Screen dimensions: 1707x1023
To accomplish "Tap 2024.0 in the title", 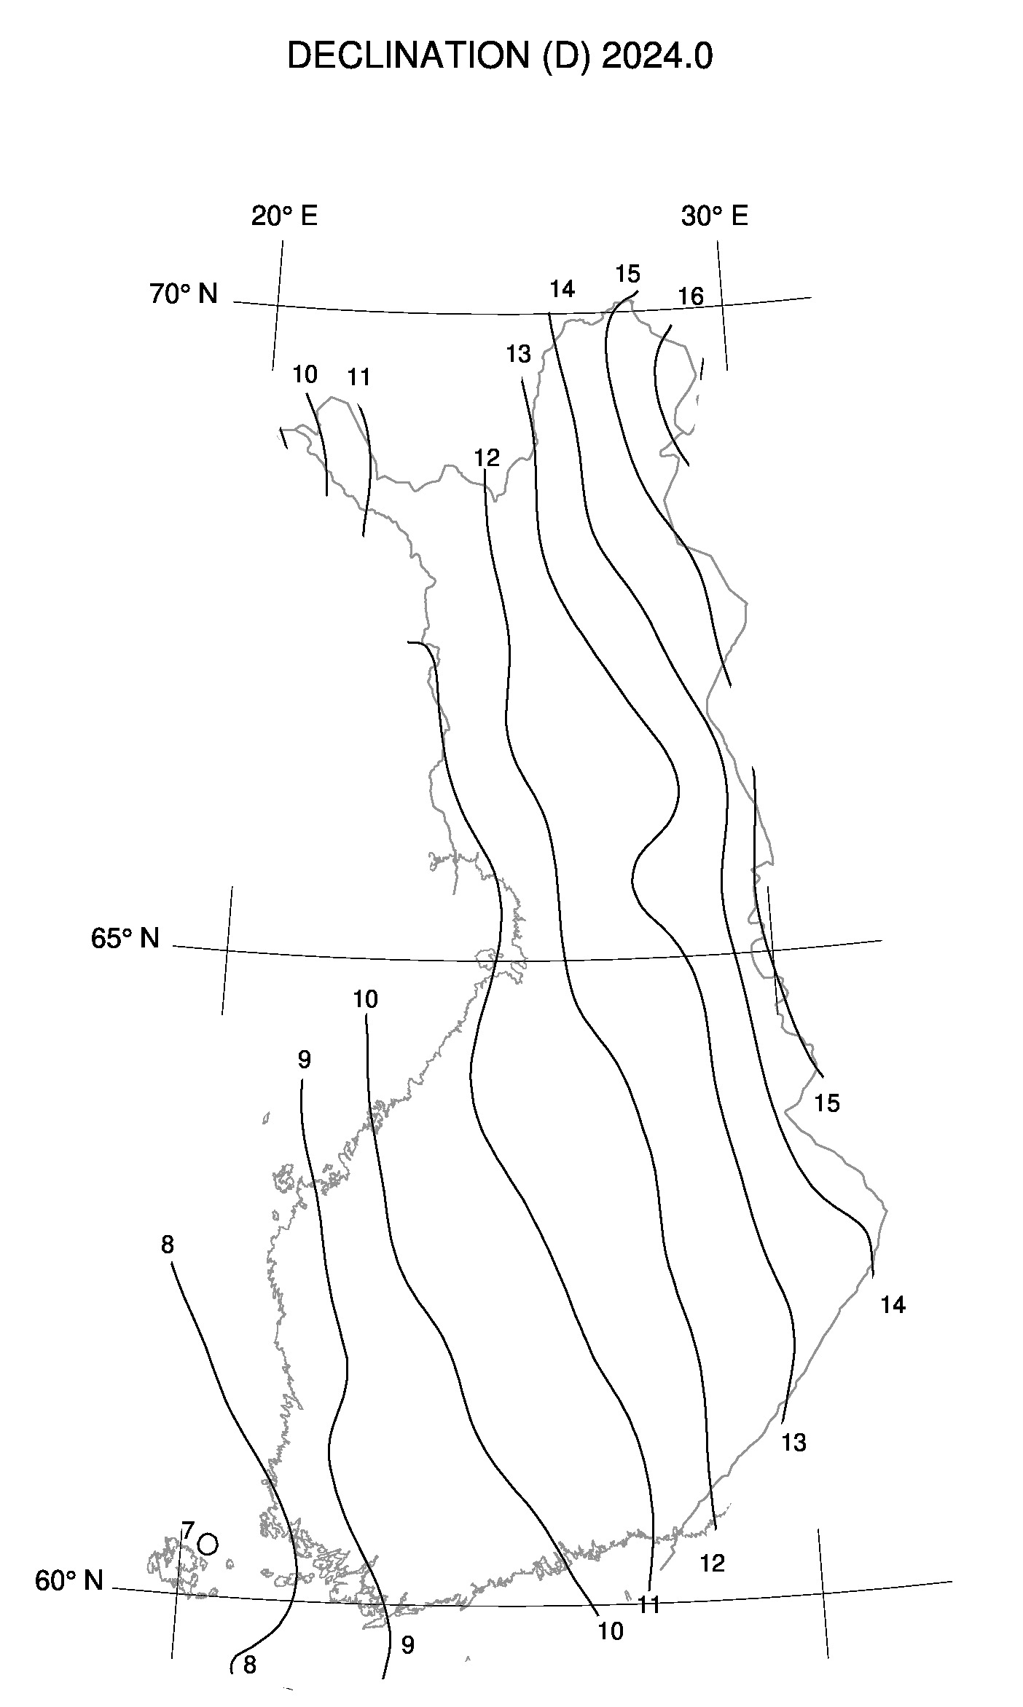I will pyautogui.click(x=657, y=57).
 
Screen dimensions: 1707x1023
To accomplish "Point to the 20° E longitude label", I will pyautogui.click(x=284, y=216).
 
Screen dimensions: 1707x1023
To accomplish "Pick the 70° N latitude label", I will pyautogui.click(x=184, y=294).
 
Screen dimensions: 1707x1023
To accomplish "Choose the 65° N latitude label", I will pyautogui.click(x=125, y=939).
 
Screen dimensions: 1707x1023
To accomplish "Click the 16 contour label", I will pyautogui.click(x=691, y=296).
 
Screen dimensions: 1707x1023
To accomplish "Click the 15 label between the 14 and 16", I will pyautogui.click(x=627, y=275).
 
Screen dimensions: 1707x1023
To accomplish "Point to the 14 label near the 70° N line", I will pyautogui.click(x=562, y=289).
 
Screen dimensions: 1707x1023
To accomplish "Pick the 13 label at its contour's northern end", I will pyautogui.click(x=519, y=355).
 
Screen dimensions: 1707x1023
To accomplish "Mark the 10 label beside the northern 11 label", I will pyautogui.click(x=305, y=374).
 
